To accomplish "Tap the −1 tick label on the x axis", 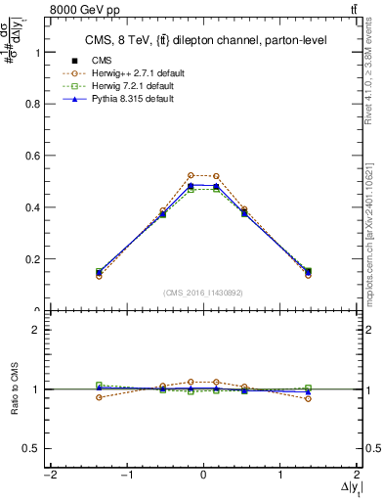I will click(125, 475).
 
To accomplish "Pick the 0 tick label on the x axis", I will click(203, 475).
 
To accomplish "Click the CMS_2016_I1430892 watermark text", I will click(203, 293).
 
